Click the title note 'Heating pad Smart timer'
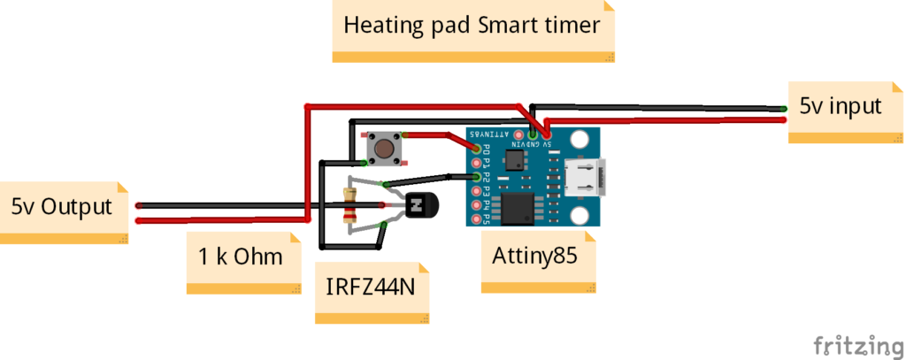tap(472, 25)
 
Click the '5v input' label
tap(841, 107)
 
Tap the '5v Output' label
tap(62, 207)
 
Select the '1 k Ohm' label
tap(241, 257)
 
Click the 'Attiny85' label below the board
tap(534, 257)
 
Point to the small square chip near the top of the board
tap(514, 160)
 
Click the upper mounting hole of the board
tap(580, 139)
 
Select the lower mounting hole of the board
tap(580, 216)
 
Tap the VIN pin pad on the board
tap(518, 134)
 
